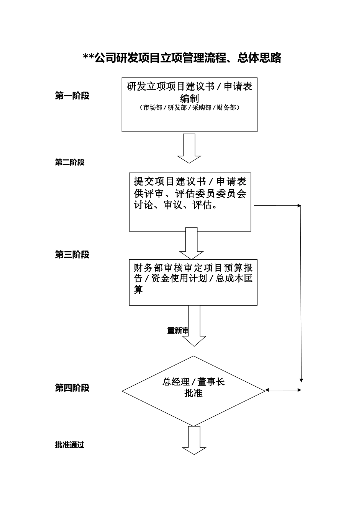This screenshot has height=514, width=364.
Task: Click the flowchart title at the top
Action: point(182,58)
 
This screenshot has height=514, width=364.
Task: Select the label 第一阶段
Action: point(72,96)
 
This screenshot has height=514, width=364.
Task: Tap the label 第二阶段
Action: point(70,163)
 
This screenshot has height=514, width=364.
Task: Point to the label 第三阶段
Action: point(72,255)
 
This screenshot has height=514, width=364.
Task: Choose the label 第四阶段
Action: point(72,388)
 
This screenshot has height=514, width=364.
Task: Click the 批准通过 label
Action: point(70,445)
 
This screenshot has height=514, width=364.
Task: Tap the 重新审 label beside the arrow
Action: point(178,331)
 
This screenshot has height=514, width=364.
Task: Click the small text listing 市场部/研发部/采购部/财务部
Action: point(189,108)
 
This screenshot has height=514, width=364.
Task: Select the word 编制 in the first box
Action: point(189,98)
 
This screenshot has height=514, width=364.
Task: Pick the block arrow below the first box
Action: point(189,148)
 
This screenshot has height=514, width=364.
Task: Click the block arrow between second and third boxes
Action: point(191,243)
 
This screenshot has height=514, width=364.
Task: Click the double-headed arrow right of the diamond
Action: point(284,390)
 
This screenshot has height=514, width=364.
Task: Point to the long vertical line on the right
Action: point(301,294)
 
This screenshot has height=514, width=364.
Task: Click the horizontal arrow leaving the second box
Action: point(277,206)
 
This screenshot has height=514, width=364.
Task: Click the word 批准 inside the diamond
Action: point(193,393)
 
